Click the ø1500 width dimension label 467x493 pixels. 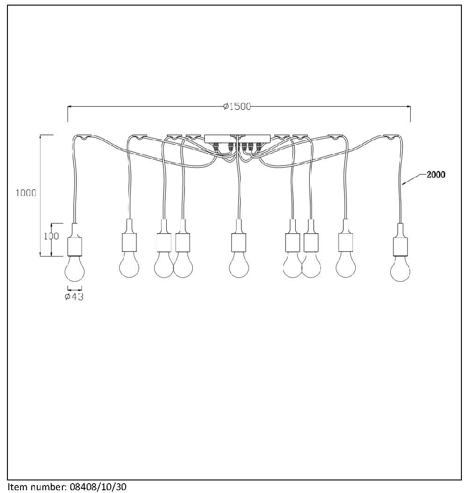pos(237,107)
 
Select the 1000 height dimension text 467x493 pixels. pos(26,193)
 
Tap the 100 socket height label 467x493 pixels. pos(51,236)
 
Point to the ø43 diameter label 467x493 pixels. pos(74,297)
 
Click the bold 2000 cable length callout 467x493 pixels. pos(435,175)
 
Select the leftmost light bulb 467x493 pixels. pos(74,268)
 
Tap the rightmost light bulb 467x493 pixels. pos(400,268)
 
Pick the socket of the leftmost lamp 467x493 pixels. pos(75,240)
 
